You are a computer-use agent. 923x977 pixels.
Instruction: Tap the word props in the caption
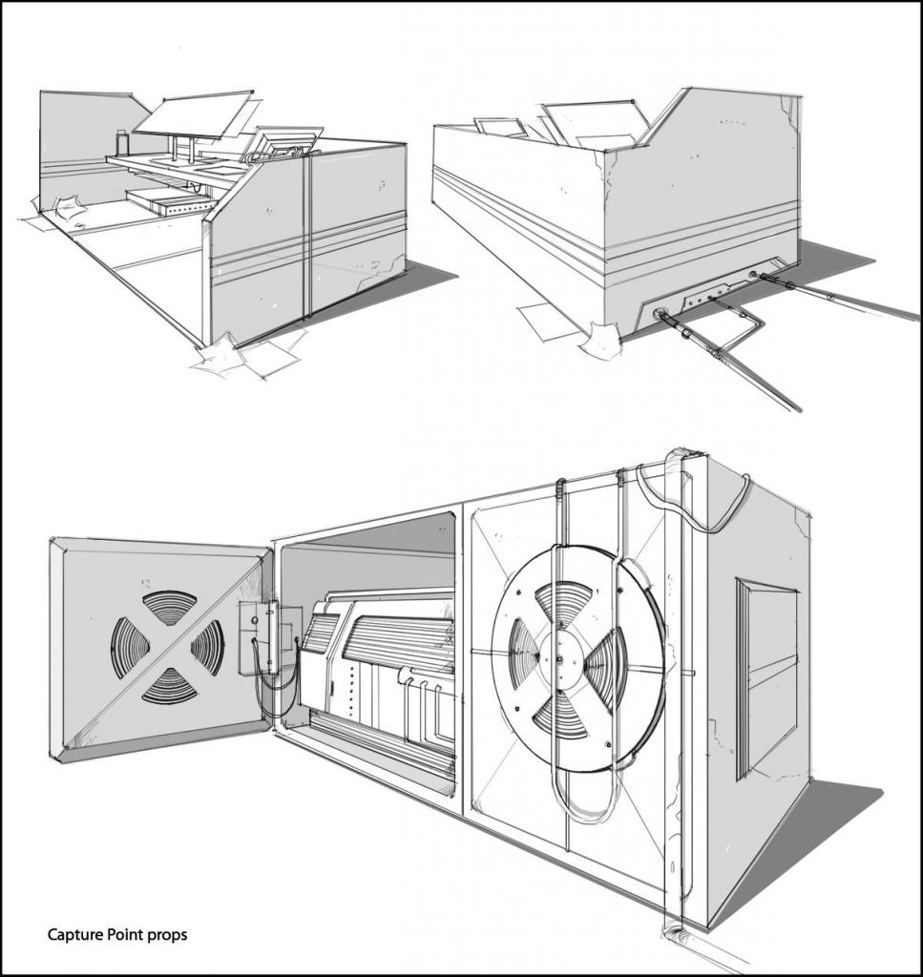pyautogui.click(x=168, y=935)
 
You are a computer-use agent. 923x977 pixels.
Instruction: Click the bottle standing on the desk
pyautogui.click(x=122, y=143)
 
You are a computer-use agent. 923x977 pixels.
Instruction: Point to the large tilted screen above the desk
pyautogui.click(x=194, y=115)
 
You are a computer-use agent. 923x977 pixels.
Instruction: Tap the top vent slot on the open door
pyautogui.click(x=169, y=606)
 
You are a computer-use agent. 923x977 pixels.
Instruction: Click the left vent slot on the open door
pyautogui.click(x=130, y=648)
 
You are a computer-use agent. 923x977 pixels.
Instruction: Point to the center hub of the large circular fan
pyautogui.click(x=559, y=659)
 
